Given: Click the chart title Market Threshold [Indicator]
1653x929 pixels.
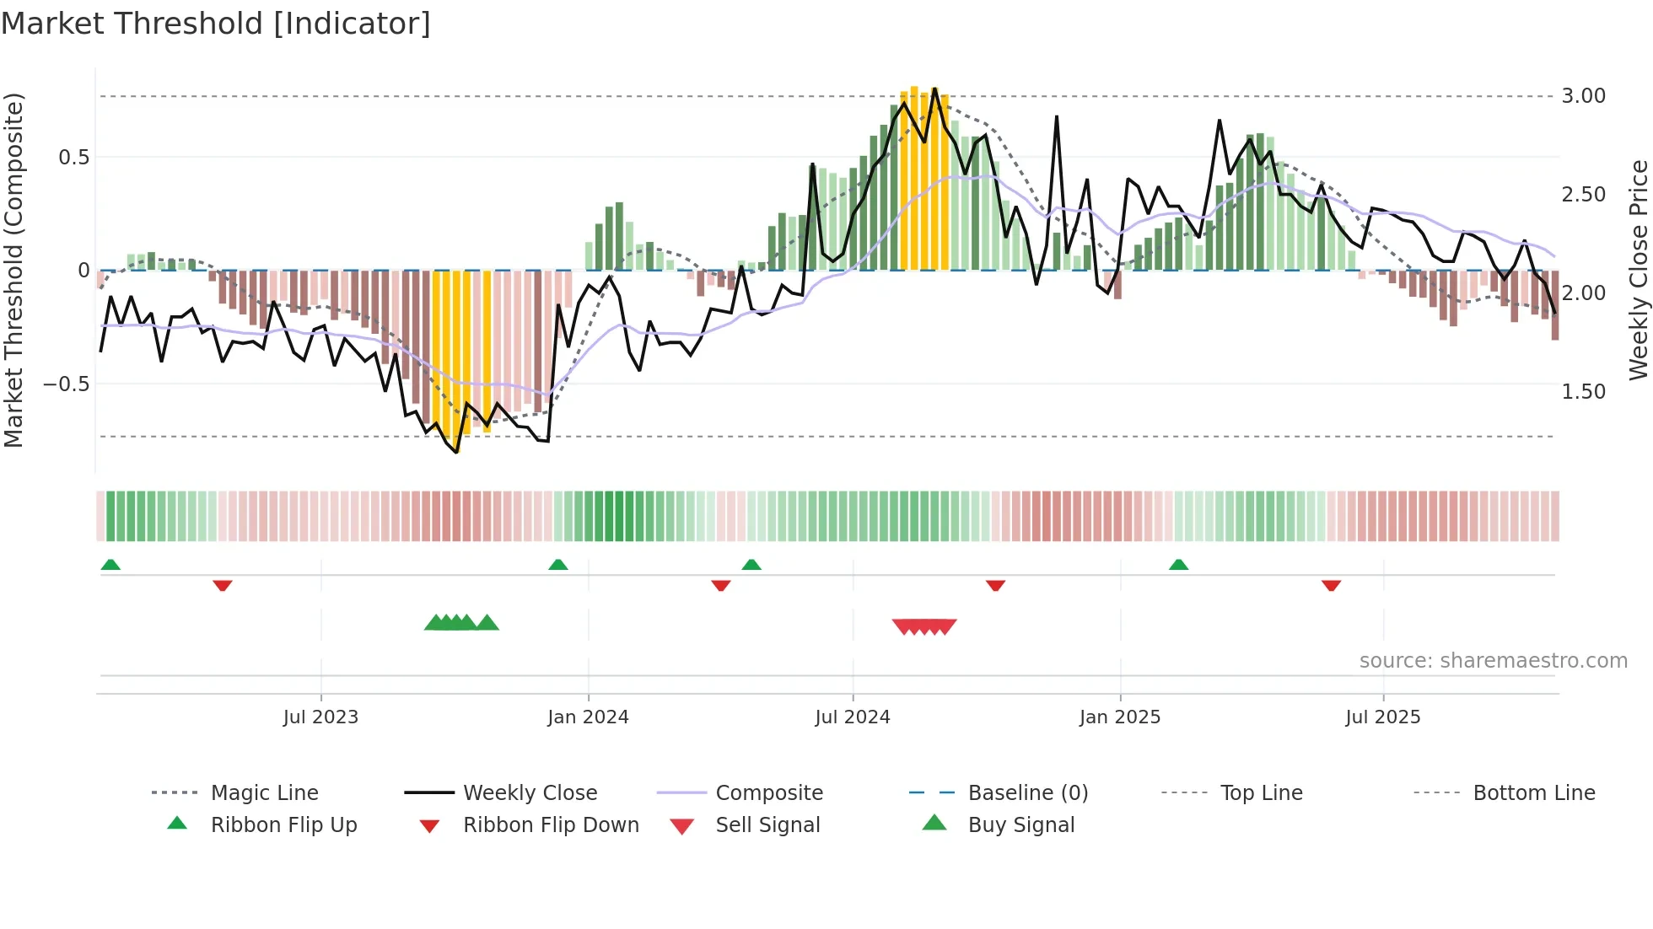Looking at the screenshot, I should (x=216, y=24).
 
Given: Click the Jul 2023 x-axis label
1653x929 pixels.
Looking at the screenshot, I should (x=320, y=717).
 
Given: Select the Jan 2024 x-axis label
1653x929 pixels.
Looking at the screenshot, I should (x=588, y=717).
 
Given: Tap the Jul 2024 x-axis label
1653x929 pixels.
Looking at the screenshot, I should (x=853, y=717).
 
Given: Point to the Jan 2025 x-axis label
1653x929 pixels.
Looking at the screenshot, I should (x=1120, y=717).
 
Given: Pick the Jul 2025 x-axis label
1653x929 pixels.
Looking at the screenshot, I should (x=1383, y=717).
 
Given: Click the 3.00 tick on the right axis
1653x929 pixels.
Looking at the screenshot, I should (x=1583, y=96).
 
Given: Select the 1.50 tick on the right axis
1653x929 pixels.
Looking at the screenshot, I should (x=1583, y=392).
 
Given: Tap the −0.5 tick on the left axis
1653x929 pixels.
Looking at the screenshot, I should (x=66, y=384).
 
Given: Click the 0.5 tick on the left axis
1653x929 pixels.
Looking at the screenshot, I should (x=73, y=158).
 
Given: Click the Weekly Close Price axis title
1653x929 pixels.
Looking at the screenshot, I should (x=1638, y=270).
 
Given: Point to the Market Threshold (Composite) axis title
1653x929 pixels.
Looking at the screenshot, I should (x=13, y=270).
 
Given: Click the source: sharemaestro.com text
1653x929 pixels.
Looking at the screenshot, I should (x=1493, y=661).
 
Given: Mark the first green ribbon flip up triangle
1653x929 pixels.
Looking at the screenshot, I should (x=110, y=565).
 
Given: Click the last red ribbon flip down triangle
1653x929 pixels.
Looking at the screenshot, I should (x=1331, y=585).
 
